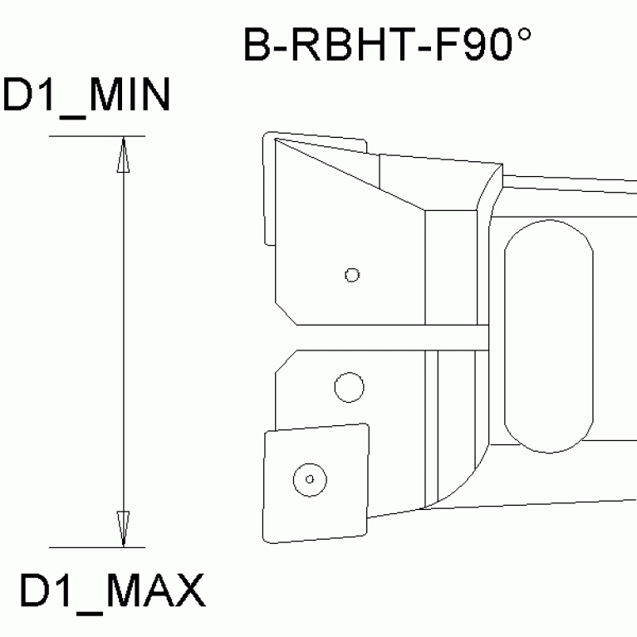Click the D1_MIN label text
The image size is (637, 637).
[x=86, y=97]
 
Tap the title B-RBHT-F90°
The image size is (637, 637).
[x=386, y=47]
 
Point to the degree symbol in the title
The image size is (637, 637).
[x=521, y=37]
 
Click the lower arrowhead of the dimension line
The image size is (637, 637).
[x=123, y=529]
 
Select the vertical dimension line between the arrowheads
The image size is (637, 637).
[x=123, y=341]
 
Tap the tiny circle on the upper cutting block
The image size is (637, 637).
[x=352, y=274]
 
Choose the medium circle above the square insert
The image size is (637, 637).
[x=349, y=385]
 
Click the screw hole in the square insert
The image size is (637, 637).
[x=309, y=479]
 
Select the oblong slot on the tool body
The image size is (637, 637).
[x=549, y=336]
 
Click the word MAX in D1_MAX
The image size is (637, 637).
[x=157, y=592]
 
